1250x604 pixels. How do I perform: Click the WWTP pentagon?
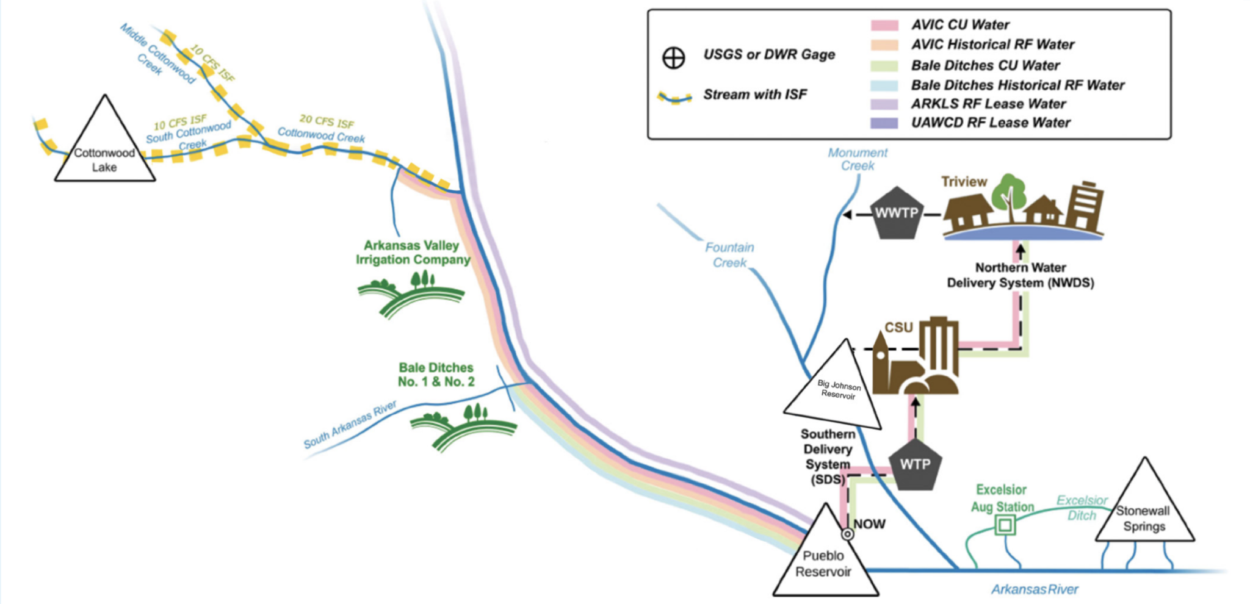(x=897, y=213)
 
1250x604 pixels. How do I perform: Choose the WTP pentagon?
(x=915, y=464)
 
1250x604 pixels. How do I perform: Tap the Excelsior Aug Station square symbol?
(x=1005, y=525)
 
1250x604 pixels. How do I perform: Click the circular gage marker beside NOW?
(x=848, y=534)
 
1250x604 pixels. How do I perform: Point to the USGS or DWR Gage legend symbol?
(x=674, y=57)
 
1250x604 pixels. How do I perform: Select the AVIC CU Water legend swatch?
(x=884, y=25)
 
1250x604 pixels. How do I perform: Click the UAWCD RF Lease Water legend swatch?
(x=884, y=123)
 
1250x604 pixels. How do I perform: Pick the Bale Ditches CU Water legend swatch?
(x=884, y=65)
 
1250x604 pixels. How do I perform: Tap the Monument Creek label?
(x=858, y=159)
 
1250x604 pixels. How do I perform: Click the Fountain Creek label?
(x=729, y=255)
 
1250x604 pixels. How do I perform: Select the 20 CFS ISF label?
(x=327, y=121)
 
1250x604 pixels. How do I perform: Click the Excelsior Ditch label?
(x=1082, y=508)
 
